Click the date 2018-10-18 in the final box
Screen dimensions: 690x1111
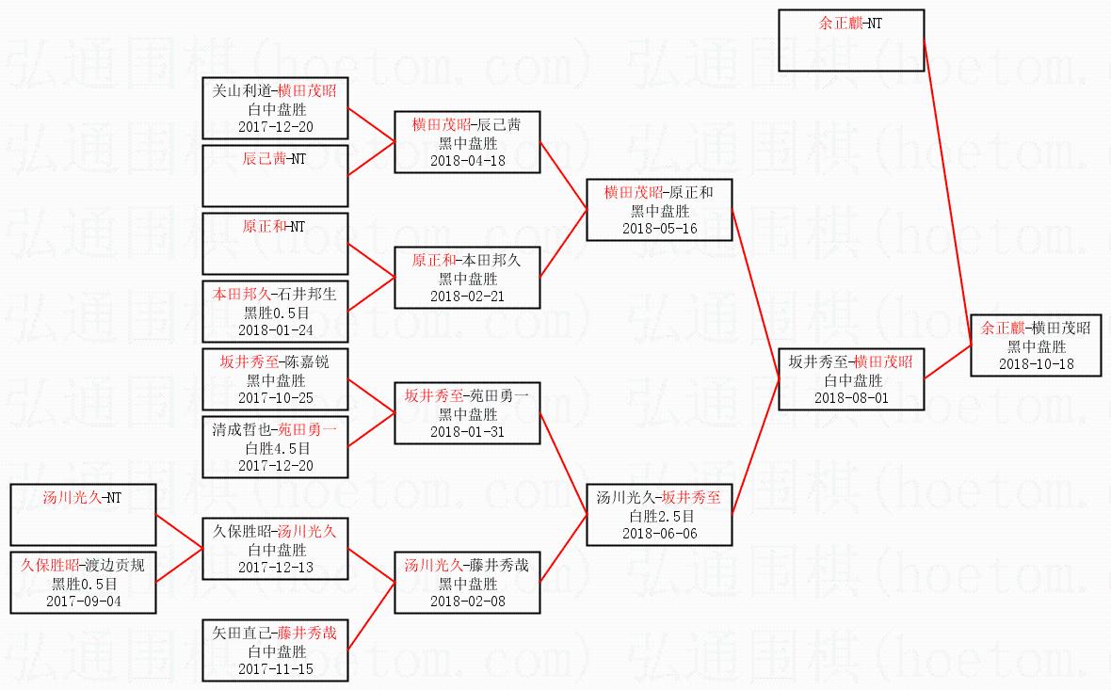(1036, 363)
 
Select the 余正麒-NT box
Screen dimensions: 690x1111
(851, 40)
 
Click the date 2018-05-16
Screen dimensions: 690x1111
(659, 228)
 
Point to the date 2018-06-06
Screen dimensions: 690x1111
(659, 533)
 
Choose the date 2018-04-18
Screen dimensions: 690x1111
(467, 160)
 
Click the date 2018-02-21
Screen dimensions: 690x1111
(467, 296)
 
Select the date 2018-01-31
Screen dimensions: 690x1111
(467, 431)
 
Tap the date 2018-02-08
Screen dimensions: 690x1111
(467, 601)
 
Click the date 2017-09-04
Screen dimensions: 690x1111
(83, 601)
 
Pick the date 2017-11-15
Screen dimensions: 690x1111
(276, 668)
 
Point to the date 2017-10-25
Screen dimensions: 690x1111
(276, 397)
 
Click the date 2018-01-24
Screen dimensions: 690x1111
(276, 329)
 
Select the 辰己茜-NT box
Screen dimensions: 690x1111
(276, 175)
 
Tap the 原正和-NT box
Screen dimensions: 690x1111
(276, 243)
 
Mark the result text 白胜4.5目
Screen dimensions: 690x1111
(276, 448)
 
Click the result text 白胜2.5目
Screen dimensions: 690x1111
(659, 516)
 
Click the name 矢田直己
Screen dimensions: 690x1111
(242, 634)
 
